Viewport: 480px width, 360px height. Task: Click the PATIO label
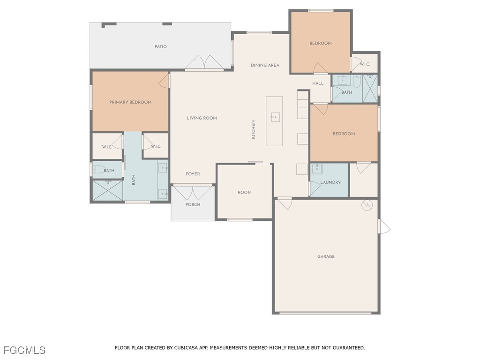[161, 47]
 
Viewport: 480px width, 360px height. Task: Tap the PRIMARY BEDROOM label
[130, 102]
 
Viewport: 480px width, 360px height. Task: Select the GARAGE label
[326, 256]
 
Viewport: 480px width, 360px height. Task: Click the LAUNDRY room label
[330, 182]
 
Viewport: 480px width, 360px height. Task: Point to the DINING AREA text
[265, 65]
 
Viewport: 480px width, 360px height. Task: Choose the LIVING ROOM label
[202, 118]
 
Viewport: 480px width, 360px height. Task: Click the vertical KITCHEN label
[254, 130]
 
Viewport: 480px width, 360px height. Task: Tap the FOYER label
[193, 174]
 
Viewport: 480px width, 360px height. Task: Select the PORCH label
[193, 204]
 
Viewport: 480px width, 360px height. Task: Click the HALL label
[318, 83]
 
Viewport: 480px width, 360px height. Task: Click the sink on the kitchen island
[275, 117]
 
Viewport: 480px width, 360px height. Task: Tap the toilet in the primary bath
[98, 170]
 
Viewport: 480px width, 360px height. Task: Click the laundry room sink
[317, 169]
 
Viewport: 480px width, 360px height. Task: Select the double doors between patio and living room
[204, 63]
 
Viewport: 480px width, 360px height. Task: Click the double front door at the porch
[193, 192]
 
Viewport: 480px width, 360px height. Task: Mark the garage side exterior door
[383, 226]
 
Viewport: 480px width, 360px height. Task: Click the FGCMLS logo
[24, 350]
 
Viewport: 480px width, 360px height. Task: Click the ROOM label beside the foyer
[244, 193]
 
